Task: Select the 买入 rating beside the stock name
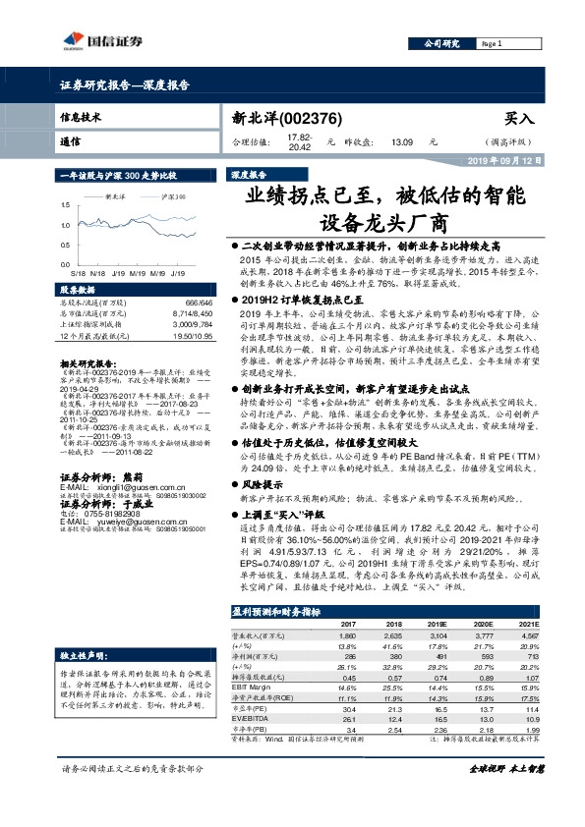pos(518,118)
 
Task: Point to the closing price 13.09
pos(401,141)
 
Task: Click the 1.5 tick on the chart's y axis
pos(65,205)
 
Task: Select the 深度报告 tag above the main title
pos(250,174)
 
